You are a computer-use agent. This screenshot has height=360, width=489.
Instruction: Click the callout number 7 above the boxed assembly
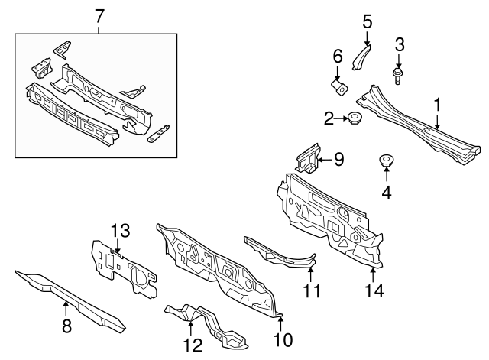99,16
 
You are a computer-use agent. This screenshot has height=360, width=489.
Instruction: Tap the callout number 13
121,232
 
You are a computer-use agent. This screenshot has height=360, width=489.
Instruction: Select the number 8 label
66,326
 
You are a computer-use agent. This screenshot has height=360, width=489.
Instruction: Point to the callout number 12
193,345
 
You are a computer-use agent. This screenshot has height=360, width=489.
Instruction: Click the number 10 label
283,340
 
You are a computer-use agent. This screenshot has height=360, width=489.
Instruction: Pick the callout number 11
311,291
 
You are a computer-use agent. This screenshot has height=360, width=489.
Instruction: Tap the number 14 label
374,290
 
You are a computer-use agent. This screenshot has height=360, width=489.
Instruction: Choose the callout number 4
387,193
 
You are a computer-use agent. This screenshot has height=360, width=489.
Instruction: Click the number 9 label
338,159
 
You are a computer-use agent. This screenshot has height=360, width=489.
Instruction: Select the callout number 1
438,105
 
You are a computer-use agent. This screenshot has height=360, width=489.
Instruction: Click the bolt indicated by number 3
397,76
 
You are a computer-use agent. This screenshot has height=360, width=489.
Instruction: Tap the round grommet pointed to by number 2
353,118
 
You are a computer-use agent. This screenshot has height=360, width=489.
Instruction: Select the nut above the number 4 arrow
385,161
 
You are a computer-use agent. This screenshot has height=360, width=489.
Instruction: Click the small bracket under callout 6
339,88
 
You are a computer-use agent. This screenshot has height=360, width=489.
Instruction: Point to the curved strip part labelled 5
361,57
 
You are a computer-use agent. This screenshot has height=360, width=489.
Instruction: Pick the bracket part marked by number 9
308,158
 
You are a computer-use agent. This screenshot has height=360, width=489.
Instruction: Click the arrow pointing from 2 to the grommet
341,118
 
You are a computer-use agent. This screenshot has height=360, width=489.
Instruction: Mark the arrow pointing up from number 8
66,310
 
